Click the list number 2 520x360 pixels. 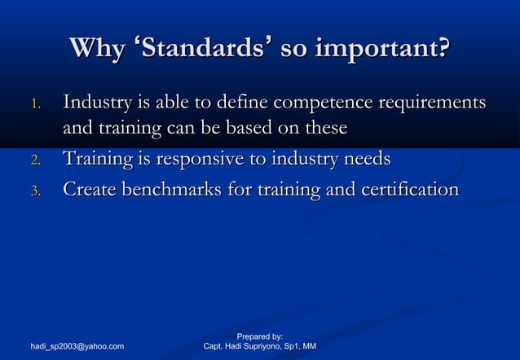click(x=35, y=159)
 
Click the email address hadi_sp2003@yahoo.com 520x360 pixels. click(x=77, y=347)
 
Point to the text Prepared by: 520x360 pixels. click(x=259, y=336)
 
